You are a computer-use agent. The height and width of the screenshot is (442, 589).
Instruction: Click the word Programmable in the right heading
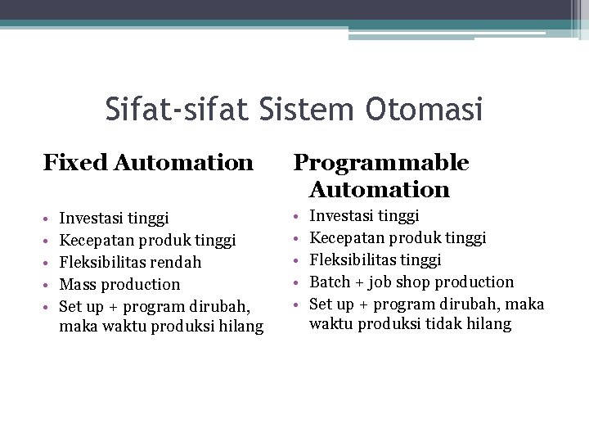point(381,163)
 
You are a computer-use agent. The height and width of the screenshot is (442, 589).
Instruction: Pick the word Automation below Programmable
point(380,191)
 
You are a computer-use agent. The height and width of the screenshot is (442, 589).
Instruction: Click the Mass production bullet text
point(120,284)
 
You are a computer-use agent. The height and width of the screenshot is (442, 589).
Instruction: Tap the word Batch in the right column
point(330,282)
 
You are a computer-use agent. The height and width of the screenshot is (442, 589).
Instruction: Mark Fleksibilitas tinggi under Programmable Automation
point(375,259)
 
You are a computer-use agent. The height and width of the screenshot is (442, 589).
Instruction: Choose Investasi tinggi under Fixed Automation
point(115,219)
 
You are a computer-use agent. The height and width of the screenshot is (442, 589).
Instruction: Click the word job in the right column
point(380,282)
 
